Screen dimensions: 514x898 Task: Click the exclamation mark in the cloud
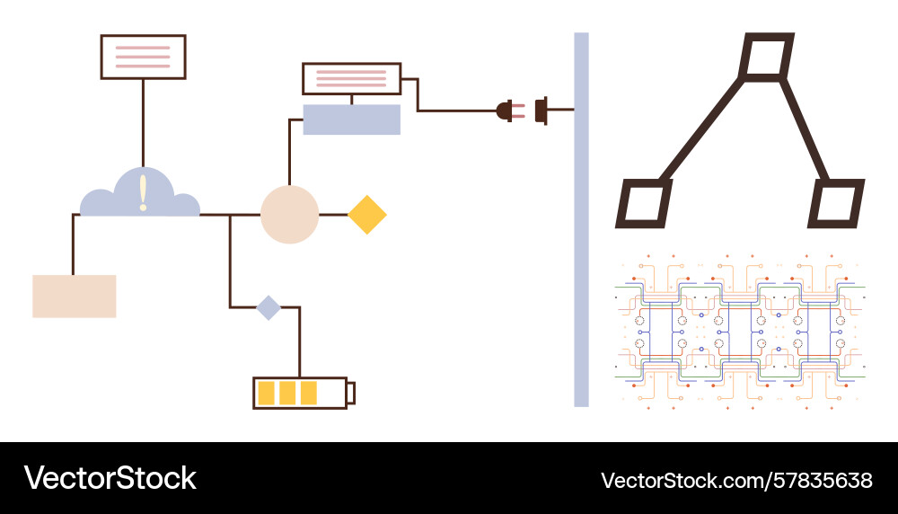point(143,192)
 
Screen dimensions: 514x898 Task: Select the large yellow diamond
point(366,215)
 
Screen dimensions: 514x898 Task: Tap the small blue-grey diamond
point(269,307)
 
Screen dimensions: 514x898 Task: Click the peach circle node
point(289,215)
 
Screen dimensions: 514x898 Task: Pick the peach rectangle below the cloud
point(75,297)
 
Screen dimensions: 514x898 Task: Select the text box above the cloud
point(143,57)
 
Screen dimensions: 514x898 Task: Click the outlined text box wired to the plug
point(351,79)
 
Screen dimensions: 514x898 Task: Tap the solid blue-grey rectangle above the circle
point(351,120)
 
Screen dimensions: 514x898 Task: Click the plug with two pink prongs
point(507,111)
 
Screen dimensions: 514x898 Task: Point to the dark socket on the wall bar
point(541,111)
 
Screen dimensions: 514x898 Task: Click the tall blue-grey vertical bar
point(581,219)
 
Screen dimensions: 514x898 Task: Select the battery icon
point(304,393)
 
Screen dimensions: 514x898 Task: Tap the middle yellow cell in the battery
point(287,393)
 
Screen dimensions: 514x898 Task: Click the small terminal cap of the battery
point(351,393)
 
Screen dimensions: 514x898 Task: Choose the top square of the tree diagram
point(765,57)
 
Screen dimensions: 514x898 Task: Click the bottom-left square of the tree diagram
point(644,204)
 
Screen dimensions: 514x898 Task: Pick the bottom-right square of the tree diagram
point(835,204)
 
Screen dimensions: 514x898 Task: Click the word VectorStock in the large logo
point(110,478)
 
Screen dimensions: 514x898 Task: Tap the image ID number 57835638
point(823,480)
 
